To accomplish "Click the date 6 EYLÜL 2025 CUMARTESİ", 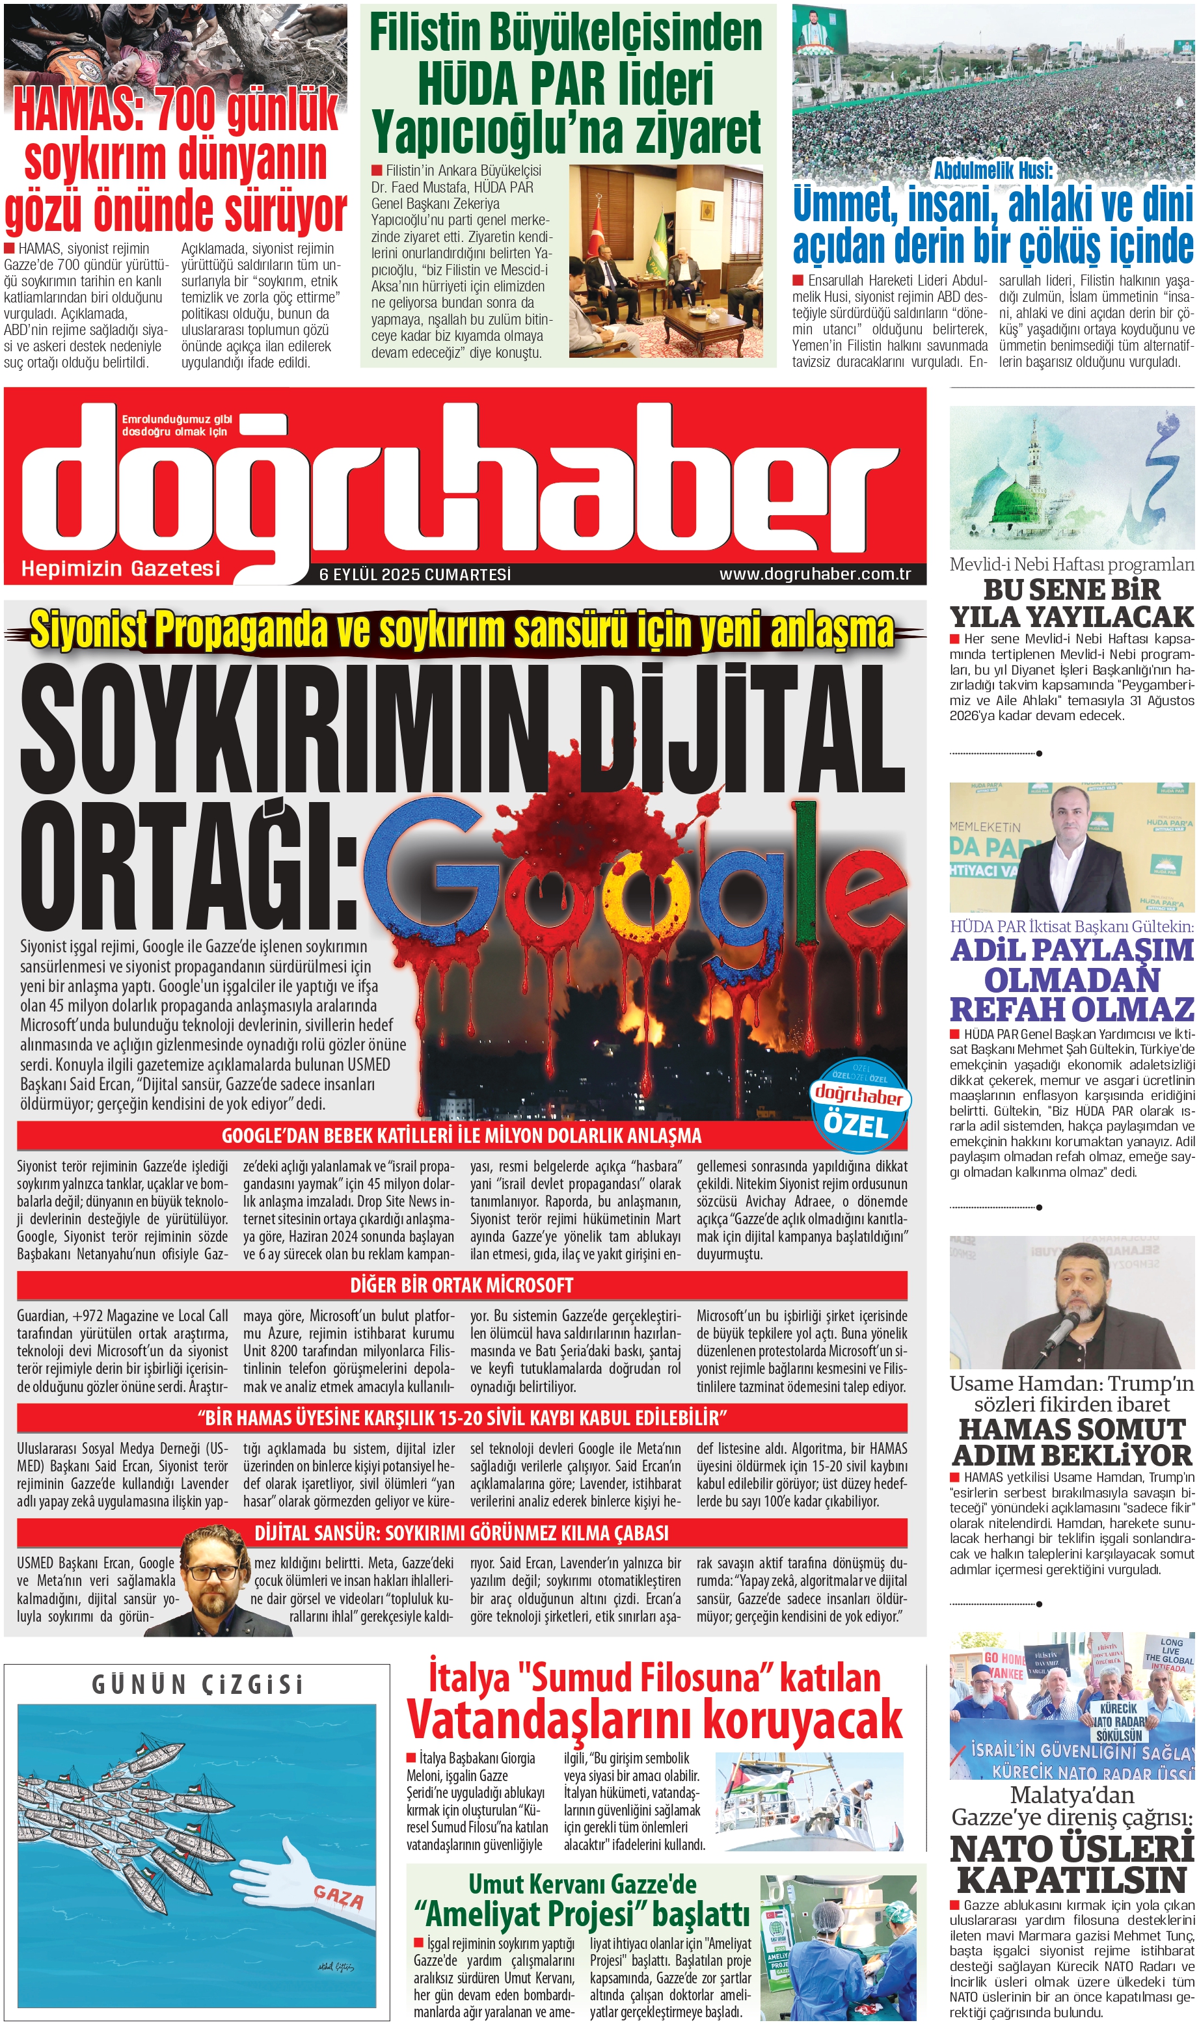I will [x=415, y=574].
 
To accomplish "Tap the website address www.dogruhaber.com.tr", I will [x=815, y=574].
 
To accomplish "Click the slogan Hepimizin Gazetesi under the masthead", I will [x=120, y=569].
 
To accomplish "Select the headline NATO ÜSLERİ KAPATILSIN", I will [x=1071, y=1865].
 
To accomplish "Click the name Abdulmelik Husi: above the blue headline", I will [x=993, y=170].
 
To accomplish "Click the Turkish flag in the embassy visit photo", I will [x=599, y=230].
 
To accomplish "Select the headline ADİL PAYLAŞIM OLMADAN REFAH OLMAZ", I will [x=1071, y=979].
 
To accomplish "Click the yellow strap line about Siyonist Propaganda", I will [x=461, y=631].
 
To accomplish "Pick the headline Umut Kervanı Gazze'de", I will [x=582, y=1884].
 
